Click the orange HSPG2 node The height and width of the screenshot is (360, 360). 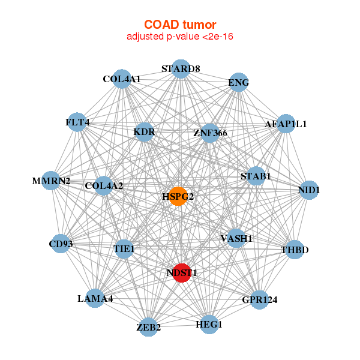pos(178,196)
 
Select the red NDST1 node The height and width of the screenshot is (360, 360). pos(182,273)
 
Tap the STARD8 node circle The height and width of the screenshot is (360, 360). pos(181,69)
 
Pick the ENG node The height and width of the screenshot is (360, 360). pos(239,82)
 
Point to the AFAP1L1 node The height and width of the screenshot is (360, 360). pos(286,124)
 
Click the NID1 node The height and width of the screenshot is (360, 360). pos(309,190)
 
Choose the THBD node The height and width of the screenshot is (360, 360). pos(295,250)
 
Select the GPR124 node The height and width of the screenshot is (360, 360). pos(259,300)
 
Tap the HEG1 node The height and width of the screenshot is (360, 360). pos(209,325)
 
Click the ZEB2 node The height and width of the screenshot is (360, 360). pos(149,327)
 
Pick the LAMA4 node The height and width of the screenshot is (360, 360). pos(95,298)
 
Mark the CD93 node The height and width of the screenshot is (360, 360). pos(61,244)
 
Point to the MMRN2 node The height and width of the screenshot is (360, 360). pos(51,181)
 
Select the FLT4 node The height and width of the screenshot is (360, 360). pos(77,122)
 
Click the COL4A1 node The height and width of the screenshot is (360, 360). pos(122,79)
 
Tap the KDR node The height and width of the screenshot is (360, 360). pos(144,132)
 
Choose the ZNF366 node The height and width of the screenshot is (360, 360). pos(209,133)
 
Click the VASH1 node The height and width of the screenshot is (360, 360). pos(236,238)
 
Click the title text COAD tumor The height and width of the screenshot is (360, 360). pos(180,25)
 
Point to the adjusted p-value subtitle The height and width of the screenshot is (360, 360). pos(180,37)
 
